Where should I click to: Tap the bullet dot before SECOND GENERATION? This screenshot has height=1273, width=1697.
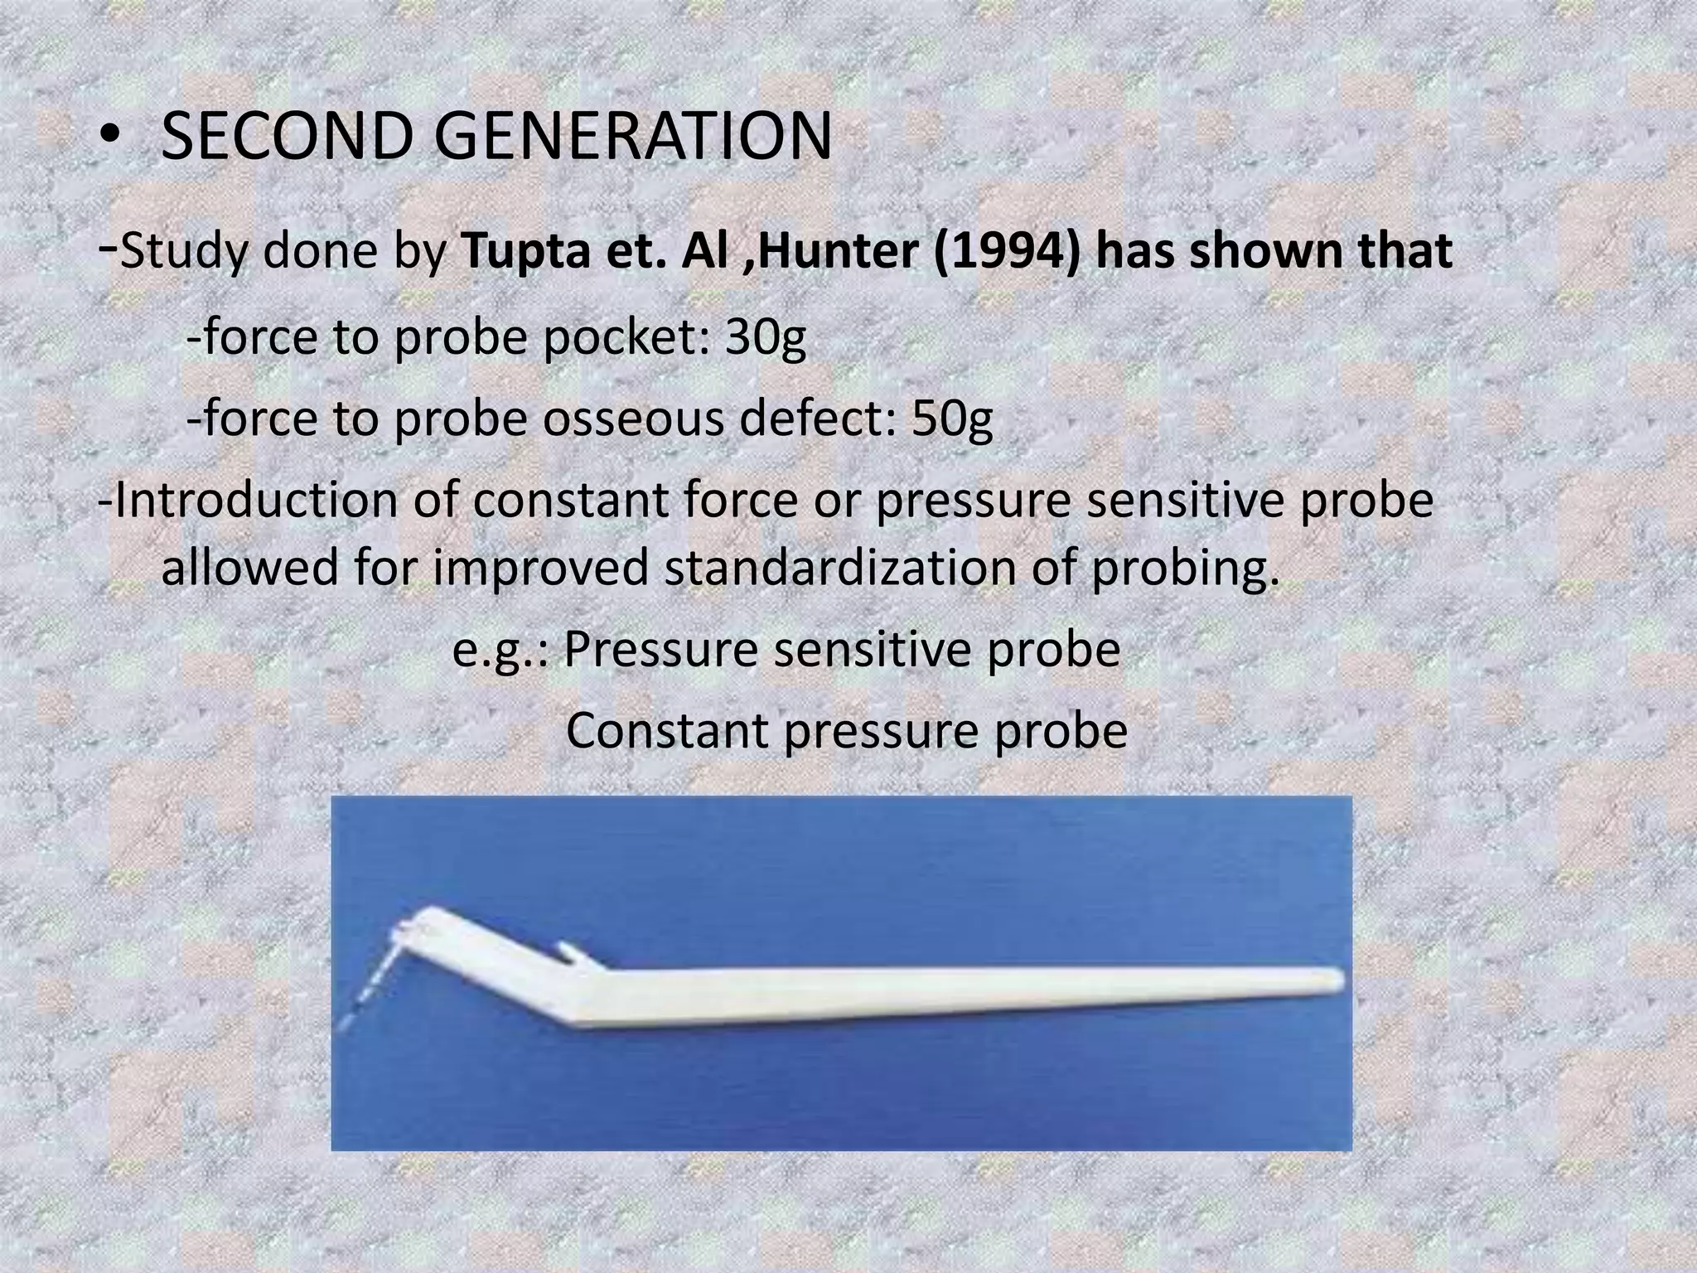(x=109, y=139)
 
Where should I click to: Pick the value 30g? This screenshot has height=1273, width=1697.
(x=765, y=337)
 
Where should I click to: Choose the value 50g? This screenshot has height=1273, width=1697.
(x=951, y=419)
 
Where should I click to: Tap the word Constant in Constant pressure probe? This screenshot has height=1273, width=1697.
(x=665, y=730)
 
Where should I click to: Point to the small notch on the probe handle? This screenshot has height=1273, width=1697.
(x=572, y=951)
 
